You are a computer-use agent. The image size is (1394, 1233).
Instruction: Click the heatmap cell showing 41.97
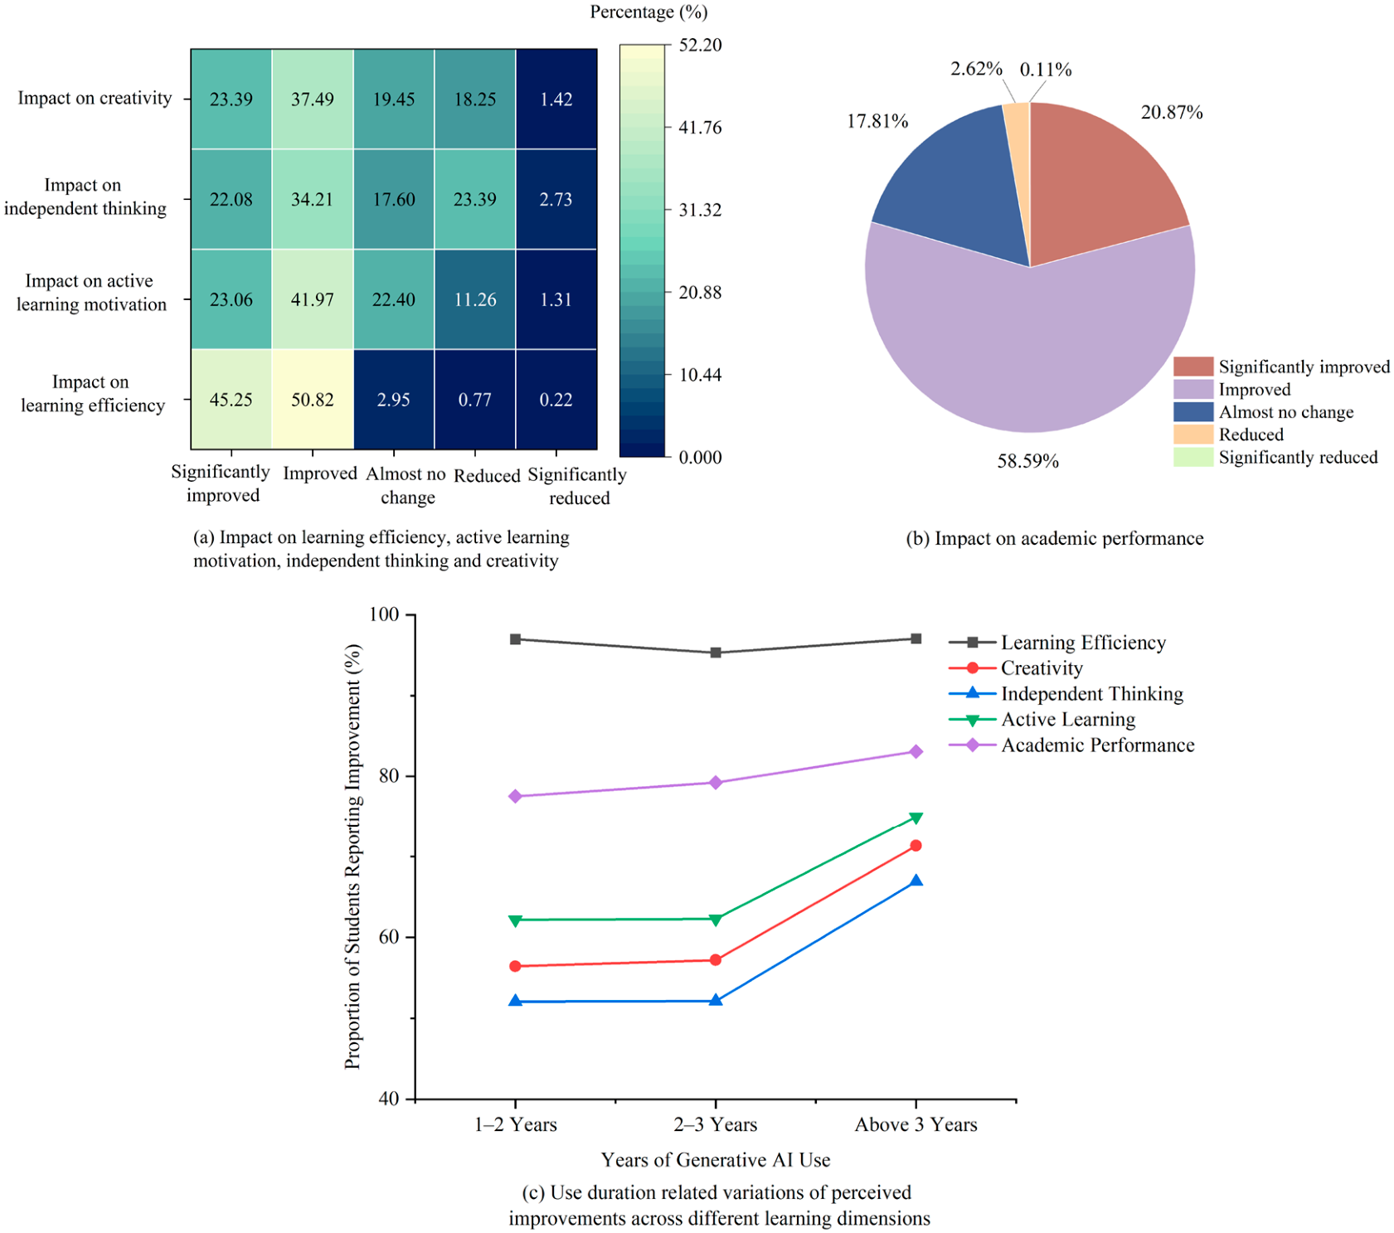click(313, 299)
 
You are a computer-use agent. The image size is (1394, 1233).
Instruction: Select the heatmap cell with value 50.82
click(313, 400)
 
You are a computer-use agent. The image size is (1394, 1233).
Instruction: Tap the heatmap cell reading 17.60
click(394, 199)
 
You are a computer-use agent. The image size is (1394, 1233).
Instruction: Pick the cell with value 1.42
click(556, 100)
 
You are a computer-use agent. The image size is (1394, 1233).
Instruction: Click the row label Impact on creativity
click(95, 98)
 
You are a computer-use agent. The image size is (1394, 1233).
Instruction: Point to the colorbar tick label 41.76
click(701, 127)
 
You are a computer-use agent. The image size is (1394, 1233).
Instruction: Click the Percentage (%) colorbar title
click(648, 12)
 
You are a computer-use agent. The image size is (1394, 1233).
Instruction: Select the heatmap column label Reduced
click(487, 475)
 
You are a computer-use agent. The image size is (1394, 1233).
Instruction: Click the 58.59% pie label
click(1028, 461)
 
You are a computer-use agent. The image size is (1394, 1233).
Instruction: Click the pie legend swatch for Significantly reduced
click(1193, 457)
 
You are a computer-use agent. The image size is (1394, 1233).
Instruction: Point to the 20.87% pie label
click(1172, 112)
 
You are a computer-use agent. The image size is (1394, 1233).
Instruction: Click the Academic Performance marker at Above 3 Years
click(916, 751)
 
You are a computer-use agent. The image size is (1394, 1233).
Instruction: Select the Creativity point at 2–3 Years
click(716, 959)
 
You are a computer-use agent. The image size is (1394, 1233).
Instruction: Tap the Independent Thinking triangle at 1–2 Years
click(515, 1001)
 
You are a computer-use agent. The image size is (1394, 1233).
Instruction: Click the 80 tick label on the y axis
click(388, 776)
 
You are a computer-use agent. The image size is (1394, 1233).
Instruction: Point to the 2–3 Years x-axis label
click(716, 1124)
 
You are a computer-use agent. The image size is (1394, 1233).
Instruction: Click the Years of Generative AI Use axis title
click(716, 1159)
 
